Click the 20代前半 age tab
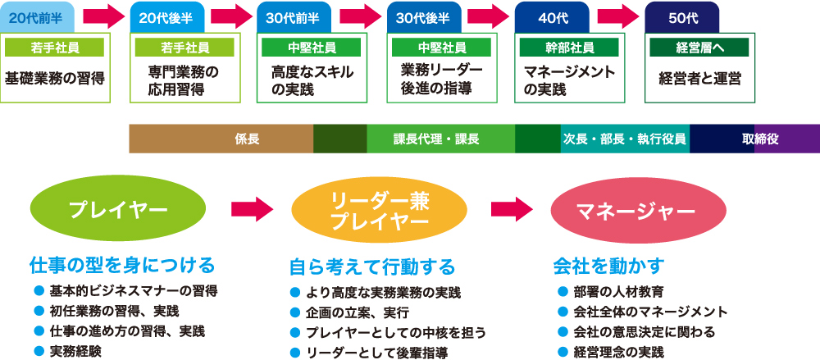39,16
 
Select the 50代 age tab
681,16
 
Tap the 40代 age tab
552,16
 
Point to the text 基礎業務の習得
55,80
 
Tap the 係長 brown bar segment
221,139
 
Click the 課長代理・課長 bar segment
441,139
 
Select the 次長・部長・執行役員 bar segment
625,139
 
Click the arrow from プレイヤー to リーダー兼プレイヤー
251,210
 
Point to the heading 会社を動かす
609,266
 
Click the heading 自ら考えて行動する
371,267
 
